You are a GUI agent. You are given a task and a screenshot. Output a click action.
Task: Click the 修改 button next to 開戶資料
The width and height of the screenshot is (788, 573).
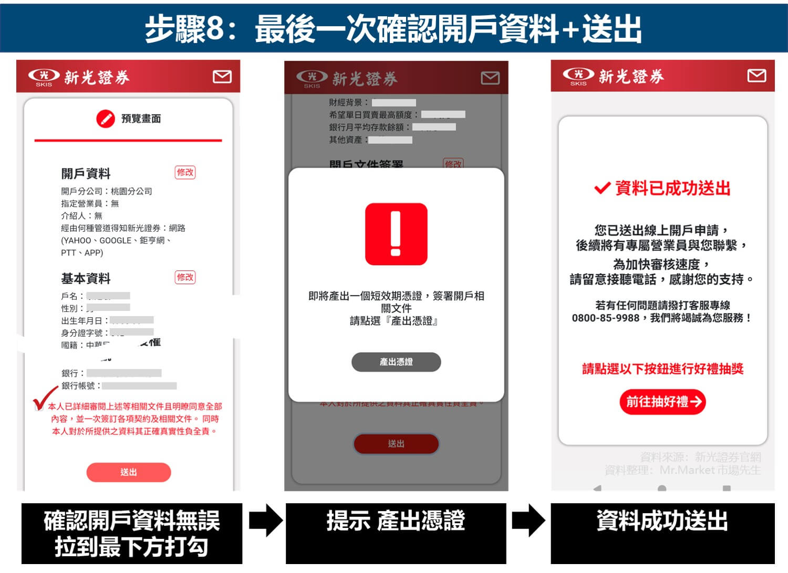click(x=185, y=172)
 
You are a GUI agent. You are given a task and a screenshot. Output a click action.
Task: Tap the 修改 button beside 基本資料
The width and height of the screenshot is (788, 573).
click(x=185, y=277)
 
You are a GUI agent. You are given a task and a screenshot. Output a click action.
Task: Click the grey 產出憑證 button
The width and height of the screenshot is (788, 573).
click(x=396, y=362)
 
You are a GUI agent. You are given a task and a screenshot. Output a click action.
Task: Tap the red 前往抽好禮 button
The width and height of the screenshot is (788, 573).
click(x=662, y=402)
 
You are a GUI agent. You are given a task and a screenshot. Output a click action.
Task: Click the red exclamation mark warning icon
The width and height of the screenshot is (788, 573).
click(x=396, y=234)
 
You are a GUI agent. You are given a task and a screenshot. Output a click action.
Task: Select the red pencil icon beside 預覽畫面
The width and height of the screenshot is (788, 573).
click(x=105, y=119)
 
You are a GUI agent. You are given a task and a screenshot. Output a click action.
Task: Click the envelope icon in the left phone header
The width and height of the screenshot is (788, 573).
click(x=222, y=77)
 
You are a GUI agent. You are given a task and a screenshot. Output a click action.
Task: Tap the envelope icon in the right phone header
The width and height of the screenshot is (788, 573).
click(x=756, y=76)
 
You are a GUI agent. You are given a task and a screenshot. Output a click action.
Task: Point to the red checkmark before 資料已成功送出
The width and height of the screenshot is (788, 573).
click(x=602, y=188)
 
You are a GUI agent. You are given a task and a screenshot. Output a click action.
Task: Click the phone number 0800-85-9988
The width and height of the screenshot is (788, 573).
click(x=605, y=318)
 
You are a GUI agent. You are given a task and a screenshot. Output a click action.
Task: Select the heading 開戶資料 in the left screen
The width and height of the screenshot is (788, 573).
click(x=86, y=174)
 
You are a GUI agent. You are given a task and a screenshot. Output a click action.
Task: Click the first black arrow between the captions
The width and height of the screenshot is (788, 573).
click(x=265, y=520)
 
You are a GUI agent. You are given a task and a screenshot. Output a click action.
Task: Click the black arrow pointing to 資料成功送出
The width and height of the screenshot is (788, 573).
click(x=528, y=520)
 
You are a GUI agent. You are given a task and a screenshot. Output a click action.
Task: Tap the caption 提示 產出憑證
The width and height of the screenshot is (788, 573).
click(x=396, y=521)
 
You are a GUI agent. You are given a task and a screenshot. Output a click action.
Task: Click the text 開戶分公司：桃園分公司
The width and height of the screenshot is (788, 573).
click(x=107, y=191)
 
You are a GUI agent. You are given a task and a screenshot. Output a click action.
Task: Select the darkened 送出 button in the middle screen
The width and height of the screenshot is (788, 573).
click(x=396, y=444)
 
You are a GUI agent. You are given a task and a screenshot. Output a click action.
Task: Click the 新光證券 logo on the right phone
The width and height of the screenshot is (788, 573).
click(x=613, y=77)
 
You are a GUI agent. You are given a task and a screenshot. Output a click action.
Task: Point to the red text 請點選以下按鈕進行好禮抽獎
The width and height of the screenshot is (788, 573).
click(x=662, y=369)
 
